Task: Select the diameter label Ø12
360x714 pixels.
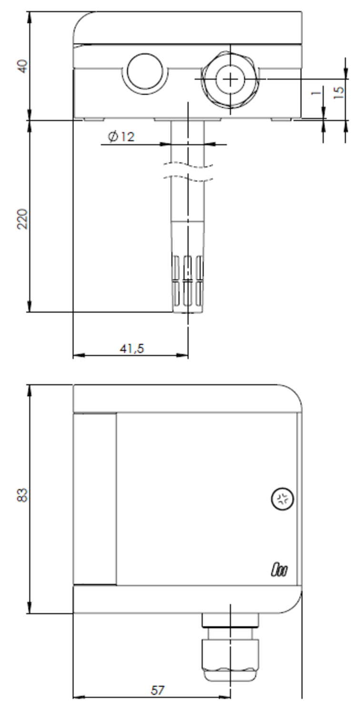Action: point(122,137)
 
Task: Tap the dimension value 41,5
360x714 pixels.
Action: point(131,348)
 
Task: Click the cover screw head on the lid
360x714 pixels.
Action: point(282,499)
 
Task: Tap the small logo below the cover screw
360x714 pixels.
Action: point(279,570)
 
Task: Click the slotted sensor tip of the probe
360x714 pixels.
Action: point(189,283)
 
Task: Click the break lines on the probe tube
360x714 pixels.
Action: point(189,172)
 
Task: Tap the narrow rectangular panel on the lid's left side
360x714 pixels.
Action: point(95,498)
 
